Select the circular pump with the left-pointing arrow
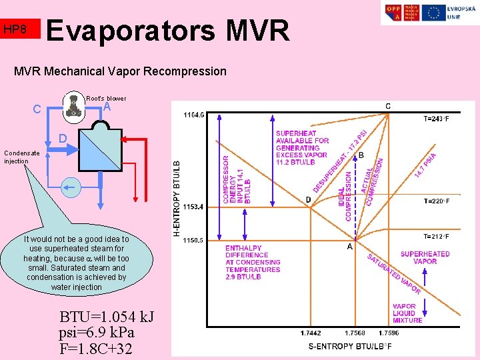coord(70,189)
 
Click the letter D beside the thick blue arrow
coord(61,139)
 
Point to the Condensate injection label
coord(21,157)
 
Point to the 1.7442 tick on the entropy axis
coord(310,333)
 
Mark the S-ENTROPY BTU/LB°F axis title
coord(349,346)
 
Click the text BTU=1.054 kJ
coord(106,317)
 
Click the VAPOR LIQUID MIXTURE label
coord(407,313)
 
